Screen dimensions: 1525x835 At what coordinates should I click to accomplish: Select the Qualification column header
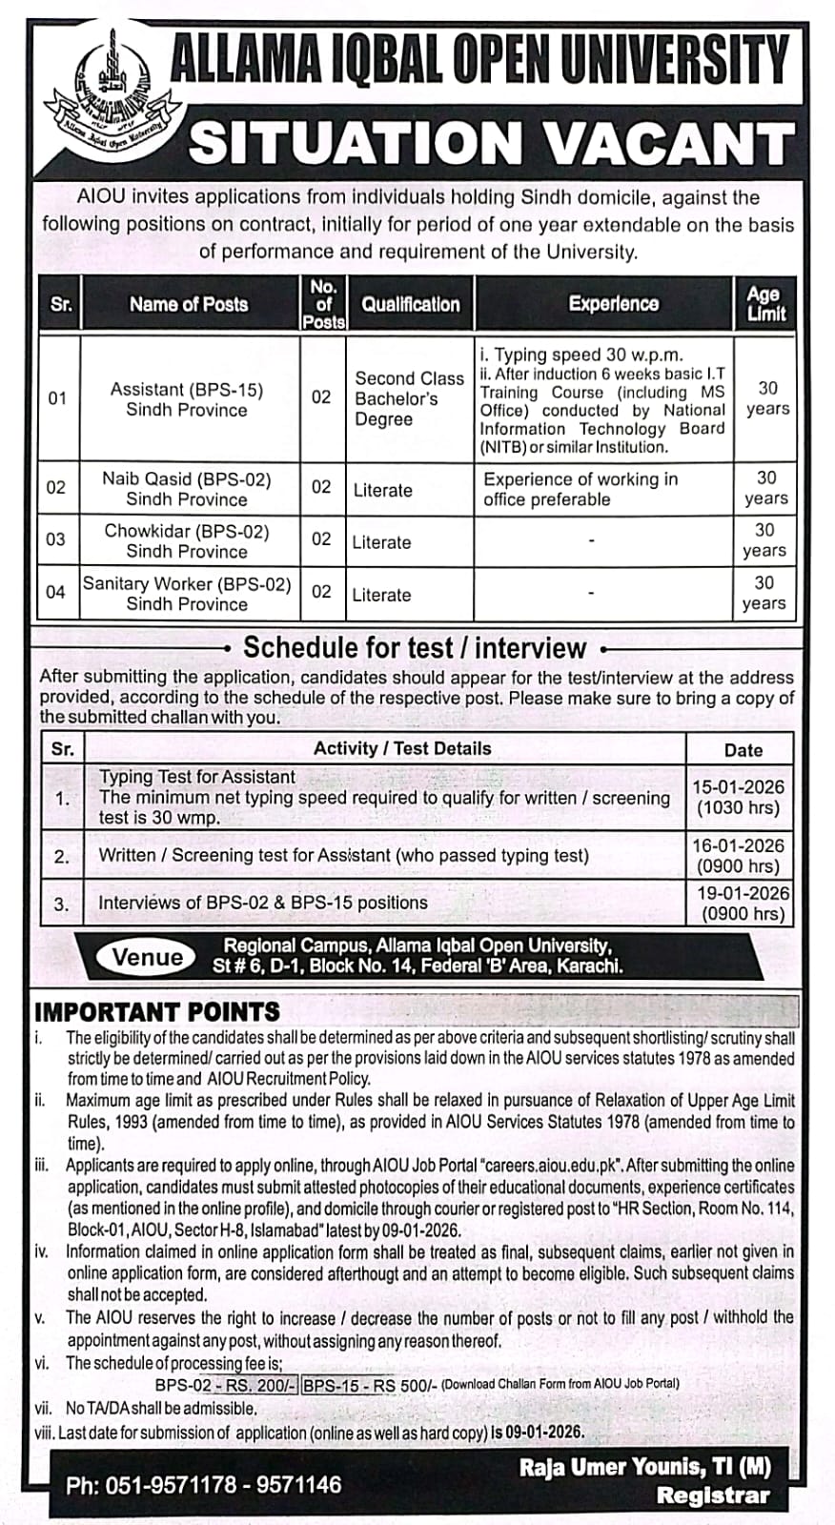click(410, 305)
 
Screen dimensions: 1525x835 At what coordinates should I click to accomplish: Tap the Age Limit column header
click(765, 303)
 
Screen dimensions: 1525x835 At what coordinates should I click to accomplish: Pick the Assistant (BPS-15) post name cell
click(187, 399)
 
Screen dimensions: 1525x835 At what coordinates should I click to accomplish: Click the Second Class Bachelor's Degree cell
click(408, 398)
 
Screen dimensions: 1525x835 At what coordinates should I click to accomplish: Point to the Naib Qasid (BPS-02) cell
click(187, 488)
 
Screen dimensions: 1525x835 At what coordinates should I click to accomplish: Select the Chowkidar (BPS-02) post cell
click(187, 540)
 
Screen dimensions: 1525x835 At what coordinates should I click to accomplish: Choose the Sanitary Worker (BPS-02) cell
click(187, 593)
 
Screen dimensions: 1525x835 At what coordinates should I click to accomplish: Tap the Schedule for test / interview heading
click(415, 648)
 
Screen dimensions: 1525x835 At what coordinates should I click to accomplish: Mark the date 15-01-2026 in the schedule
click(738, 787)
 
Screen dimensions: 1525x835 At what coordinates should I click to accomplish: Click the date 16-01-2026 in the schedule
click(738, 845)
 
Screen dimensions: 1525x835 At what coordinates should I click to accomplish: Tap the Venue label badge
click(148, 957)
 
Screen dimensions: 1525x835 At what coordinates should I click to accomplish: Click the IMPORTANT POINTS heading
click(157, 1011)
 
